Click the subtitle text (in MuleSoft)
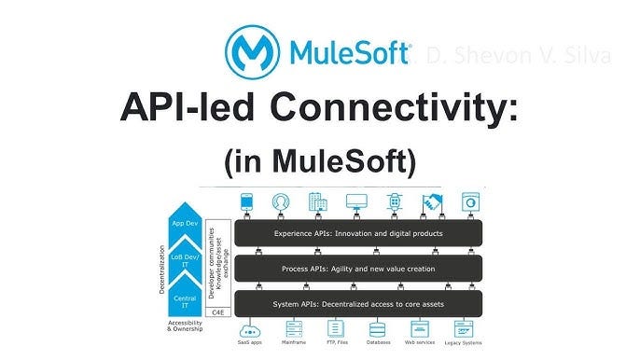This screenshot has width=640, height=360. click(320, 161)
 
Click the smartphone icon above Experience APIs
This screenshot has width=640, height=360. click(247, 201)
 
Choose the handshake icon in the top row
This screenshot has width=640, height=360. click(431, 201)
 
